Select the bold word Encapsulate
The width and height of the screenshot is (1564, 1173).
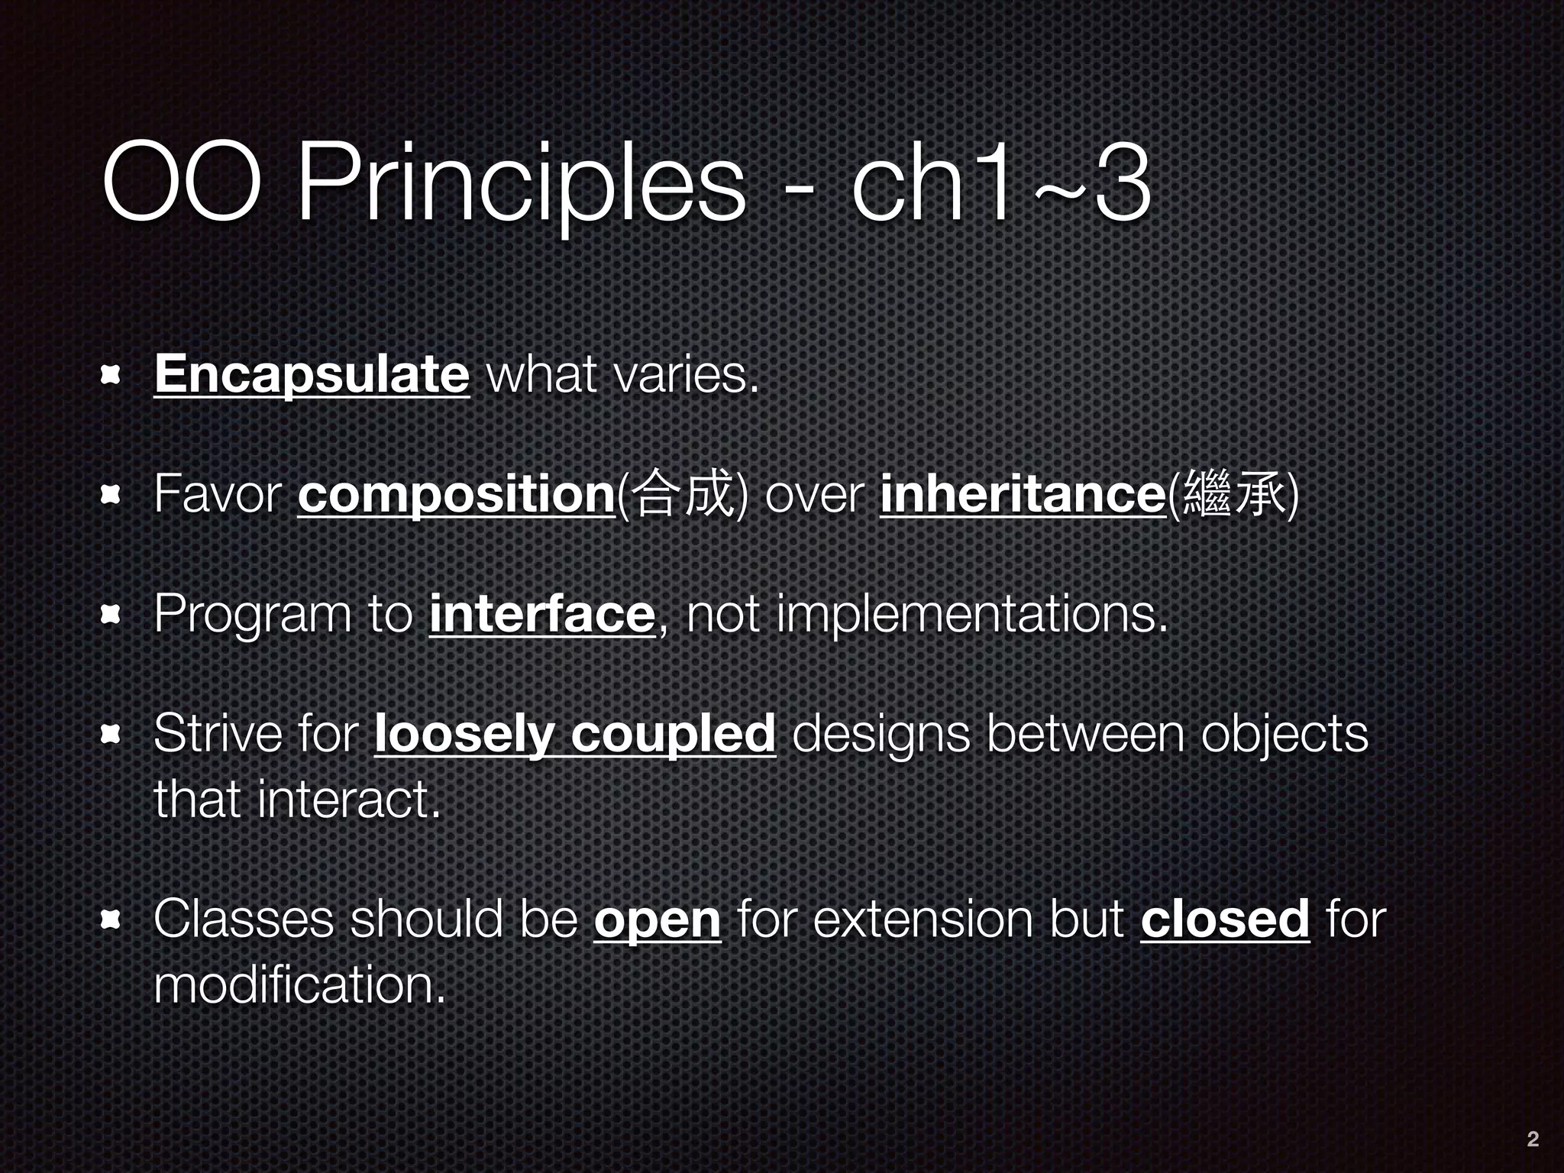tap(312, 373)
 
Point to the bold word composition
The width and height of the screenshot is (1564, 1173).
tap(456, 494)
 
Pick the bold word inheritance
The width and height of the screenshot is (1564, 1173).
tap(1022, 494)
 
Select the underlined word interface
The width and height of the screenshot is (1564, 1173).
tap(542, 613)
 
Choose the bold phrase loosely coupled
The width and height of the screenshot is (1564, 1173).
tap(575, 734)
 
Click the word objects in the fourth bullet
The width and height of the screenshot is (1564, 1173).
tap(1284, 734)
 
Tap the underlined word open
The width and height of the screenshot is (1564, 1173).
tap(657, 919)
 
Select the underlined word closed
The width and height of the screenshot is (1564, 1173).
tap(1225, 919)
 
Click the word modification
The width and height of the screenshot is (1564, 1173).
tap(299, 984)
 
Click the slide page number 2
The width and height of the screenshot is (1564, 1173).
tap(1532, 1139)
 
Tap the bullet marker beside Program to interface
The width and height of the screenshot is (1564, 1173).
tap(112, 615)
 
